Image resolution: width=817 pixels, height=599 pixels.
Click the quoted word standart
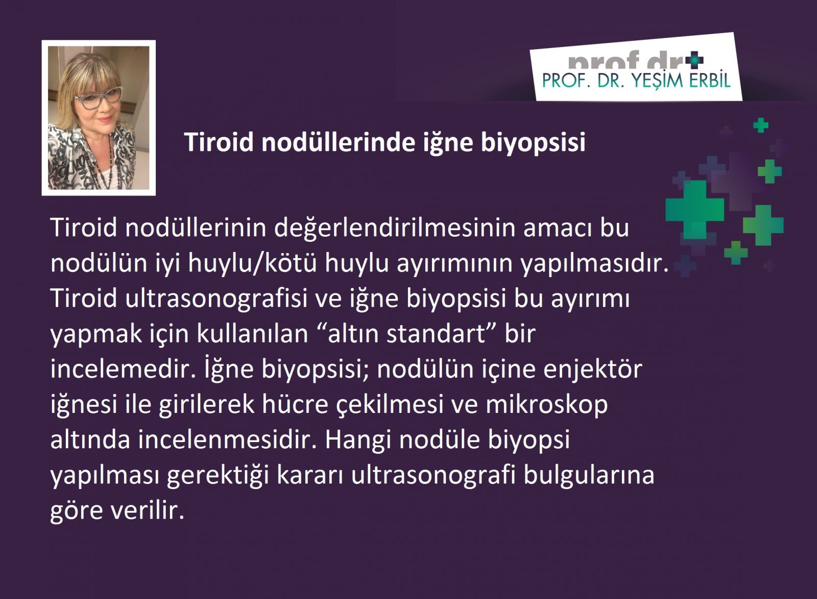tap(436, 334)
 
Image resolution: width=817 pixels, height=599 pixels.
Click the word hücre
tap(294, 404)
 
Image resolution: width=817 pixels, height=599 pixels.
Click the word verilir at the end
tap(148, 511)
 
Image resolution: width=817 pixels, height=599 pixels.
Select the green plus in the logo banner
tap(694, 60)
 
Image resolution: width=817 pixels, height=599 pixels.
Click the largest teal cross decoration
tap(695, 210)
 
